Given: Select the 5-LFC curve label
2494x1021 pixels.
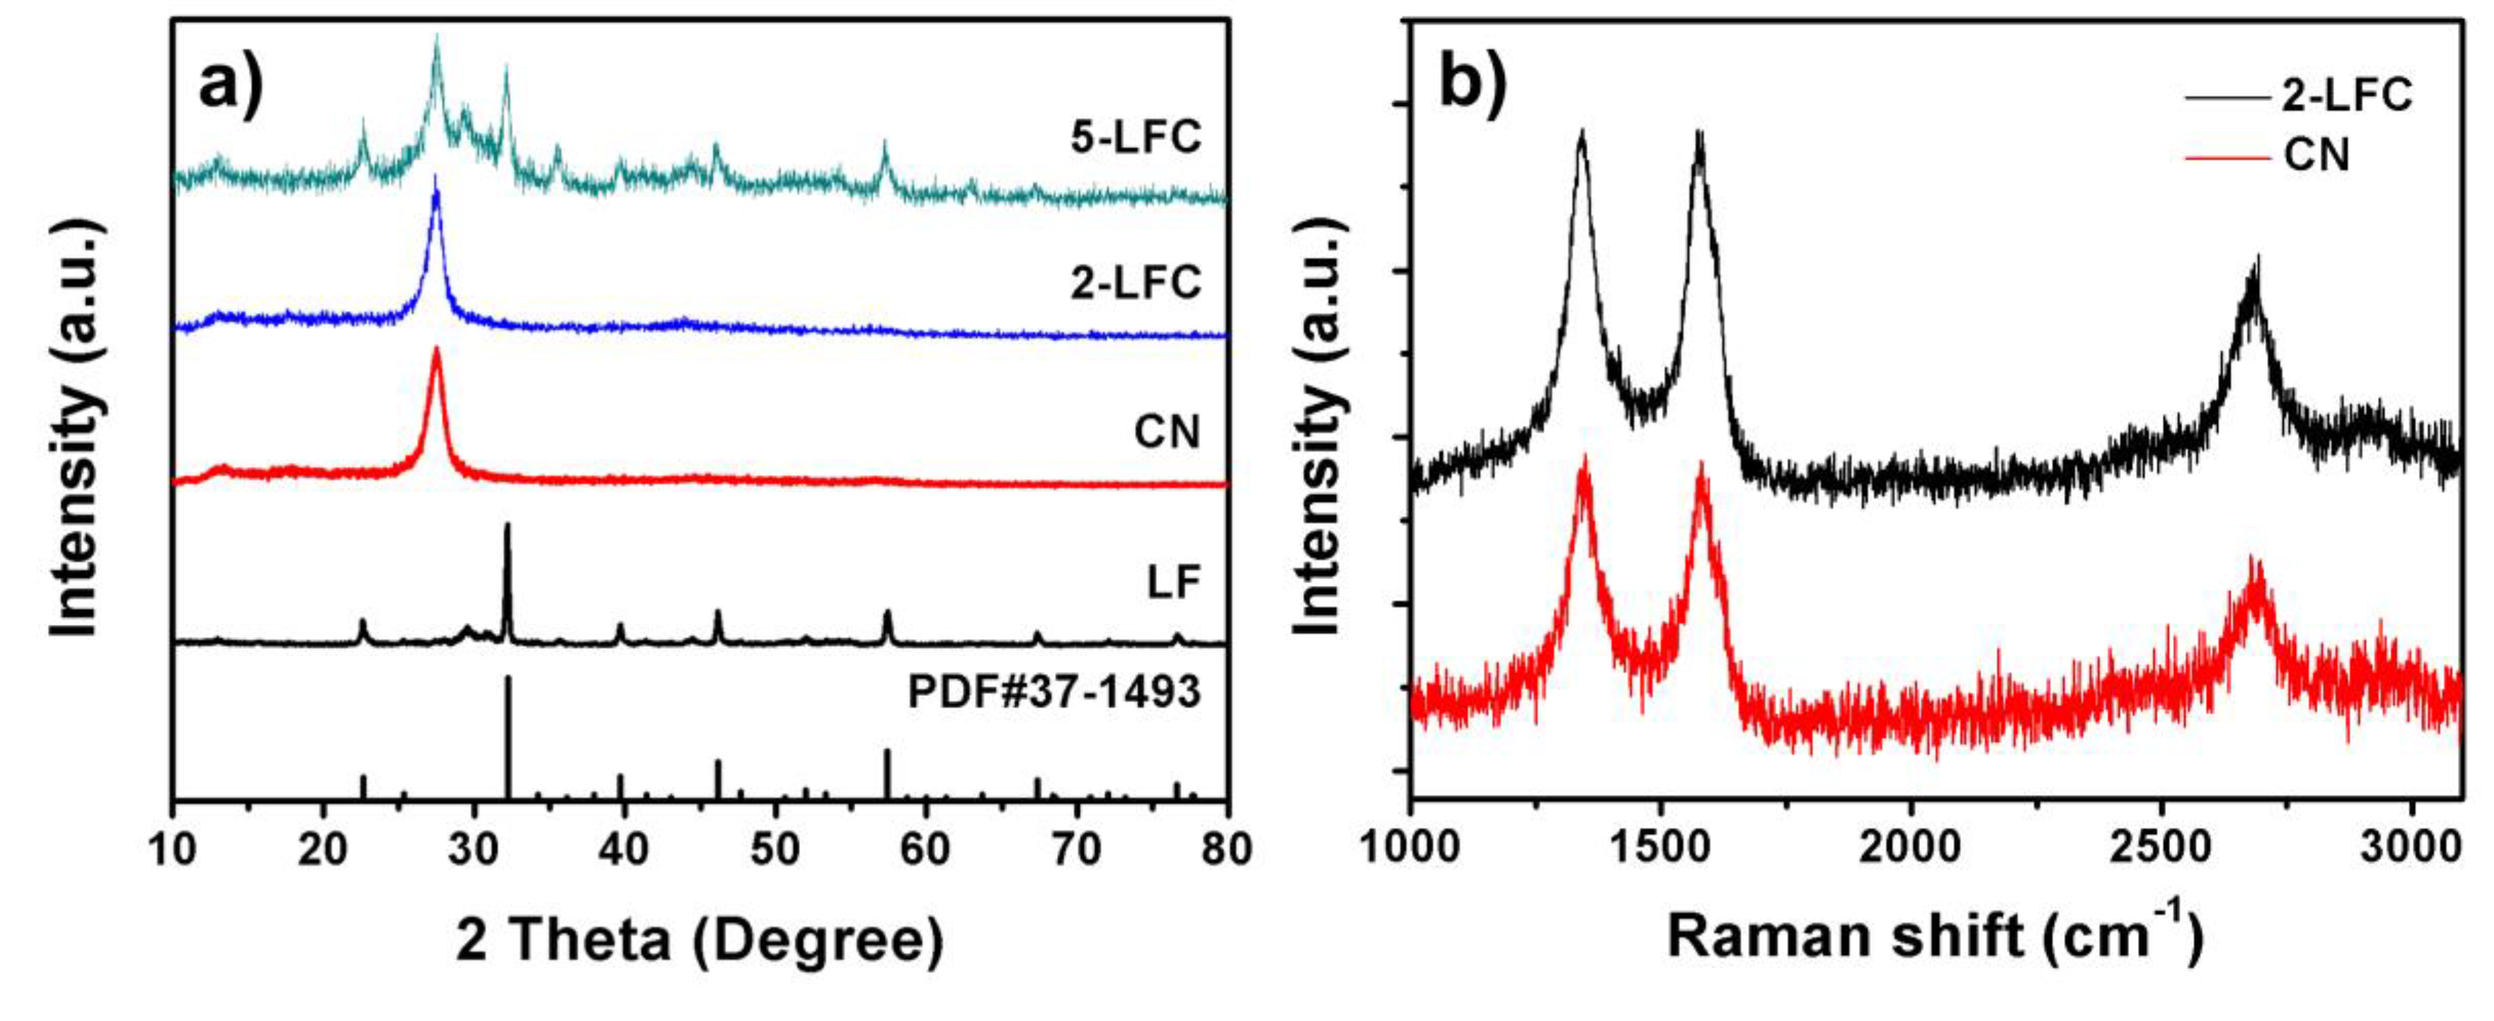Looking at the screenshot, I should (1135, 137).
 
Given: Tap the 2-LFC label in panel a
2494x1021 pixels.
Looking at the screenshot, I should (1135, 283).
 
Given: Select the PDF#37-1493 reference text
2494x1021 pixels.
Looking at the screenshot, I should (1054, 692).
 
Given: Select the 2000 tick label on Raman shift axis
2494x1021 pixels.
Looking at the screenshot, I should (1910, 849).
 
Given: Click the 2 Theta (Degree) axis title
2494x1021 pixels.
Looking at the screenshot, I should (699, 939).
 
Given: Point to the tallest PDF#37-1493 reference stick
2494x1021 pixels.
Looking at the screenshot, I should (507, 736).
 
